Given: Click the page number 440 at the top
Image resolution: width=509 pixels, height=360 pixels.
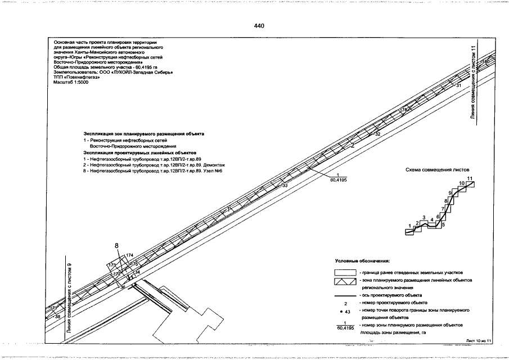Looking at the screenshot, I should pyautogui.click(x=259, y=26).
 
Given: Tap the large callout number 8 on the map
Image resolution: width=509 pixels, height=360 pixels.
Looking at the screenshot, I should pyautogui.click(x=117, y=245).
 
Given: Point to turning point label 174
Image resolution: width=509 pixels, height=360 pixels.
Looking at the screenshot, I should pyautogui.click(x=129, y=255).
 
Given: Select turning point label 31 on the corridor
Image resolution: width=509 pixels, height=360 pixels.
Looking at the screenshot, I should pyautogui.click(x=458, y=85).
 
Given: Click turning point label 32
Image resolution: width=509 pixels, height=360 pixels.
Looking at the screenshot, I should pyautogui.click(x=377, y=135).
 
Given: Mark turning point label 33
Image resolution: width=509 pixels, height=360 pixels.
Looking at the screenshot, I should pyautogui.click(x=284, y=185).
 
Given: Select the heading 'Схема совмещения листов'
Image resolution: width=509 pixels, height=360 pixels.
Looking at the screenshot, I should pyautogui.click(x=437, y=169).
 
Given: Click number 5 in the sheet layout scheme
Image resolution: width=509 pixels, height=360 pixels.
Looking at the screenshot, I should pyautogui.click(x=443, y=224).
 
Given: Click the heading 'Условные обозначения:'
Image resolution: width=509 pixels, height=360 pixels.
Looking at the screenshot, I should pyautogui.click(x=362, y=261).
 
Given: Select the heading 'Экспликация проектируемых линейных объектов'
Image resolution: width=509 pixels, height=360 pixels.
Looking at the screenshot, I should pyautogui.click(x=139, y=153).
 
